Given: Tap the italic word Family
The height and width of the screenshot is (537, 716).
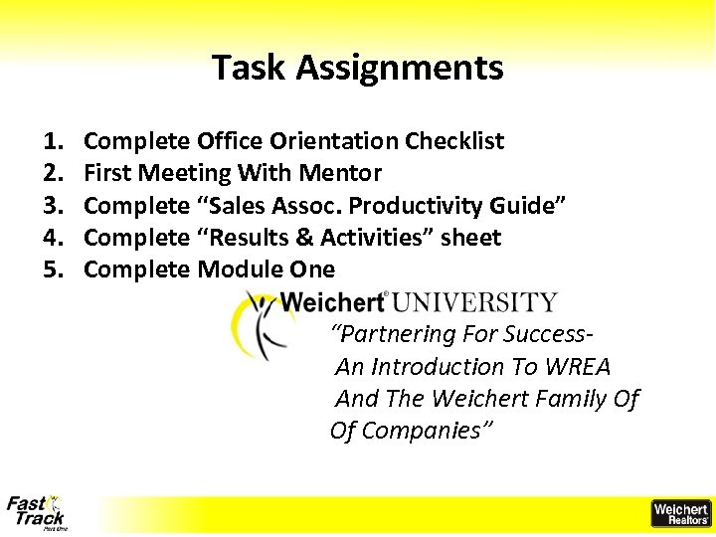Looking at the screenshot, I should point(571,399).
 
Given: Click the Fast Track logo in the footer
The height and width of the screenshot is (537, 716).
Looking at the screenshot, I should point(37,512).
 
